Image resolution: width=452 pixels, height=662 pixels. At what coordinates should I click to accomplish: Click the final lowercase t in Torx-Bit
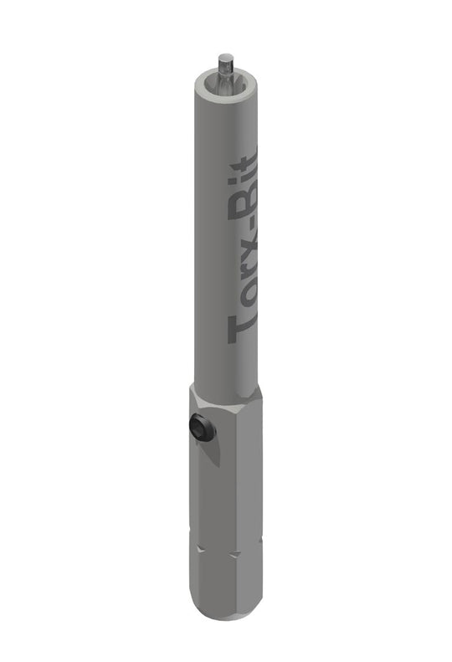(x=249, y=159)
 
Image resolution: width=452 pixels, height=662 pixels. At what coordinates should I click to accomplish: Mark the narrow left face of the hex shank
(x=194, y=502)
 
